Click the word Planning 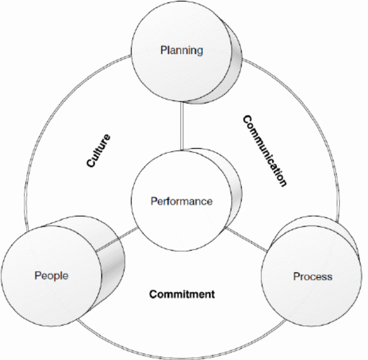pyautogui.click(x=181, y=50)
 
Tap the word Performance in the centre pyautogui.click(x=181, y=201)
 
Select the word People pyautogui.click(x=51, y=276)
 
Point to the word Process pyautogui.click(x=313, y=276)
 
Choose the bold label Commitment pyautogui.click(x=182, y=294)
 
